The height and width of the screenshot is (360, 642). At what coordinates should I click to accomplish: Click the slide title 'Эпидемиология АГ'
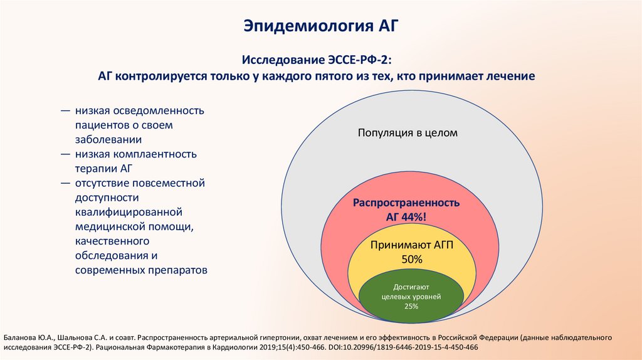click(x=320, y=27)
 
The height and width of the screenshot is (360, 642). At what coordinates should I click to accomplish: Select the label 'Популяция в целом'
click(x=408, y=133)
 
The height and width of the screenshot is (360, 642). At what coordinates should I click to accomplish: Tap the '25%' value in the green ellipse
click(x=411, y=306)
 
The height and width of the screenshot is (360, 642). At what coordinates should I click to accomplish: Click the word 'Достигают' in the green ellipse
click(x=411, y=286)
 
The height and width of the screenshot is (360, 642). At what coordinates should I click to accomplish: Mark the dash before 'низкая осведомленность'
click(x=65, y=110)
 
